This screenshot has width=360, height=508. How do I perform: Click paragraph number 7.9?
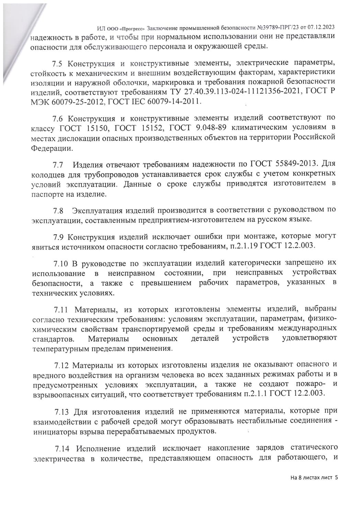(59, 237)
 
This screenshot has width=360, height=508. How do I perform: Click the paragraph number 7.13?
(62, 411)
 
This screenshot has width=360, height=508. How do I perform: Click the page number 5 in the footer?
(336, 477)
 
